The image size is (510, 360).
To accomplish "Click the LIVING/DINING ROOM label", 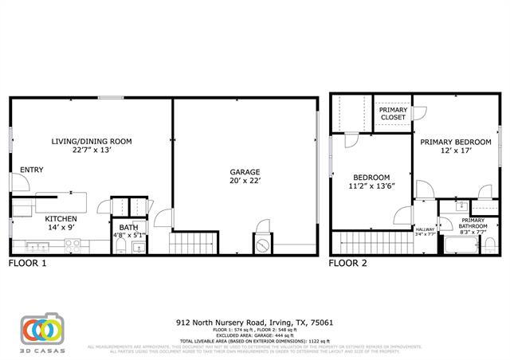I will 92,141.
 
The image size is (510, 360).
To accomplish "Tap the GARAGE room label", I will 245,171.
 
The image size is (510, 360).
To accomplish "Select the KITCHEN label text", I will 61,218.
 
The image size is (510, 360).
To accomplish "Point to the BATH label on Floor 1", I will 128,227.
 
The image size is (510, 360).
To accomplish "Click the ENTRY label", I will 31,170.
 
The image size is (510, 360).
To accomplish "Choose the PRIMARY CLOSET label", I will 393,113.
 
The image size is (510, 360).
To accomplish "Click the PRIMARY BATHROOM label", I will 473,224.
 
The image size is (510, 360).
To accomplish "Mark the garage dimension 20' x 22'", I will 245,180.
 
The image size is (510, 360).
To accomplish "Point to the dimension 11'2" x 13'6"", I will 371,186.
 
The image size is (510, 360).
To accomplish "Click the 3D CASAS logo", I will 41,331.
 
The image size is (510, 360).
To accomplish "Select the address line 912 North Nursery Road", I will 255,323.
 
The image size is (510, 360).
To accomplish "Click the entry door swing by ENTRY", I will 22,182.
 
